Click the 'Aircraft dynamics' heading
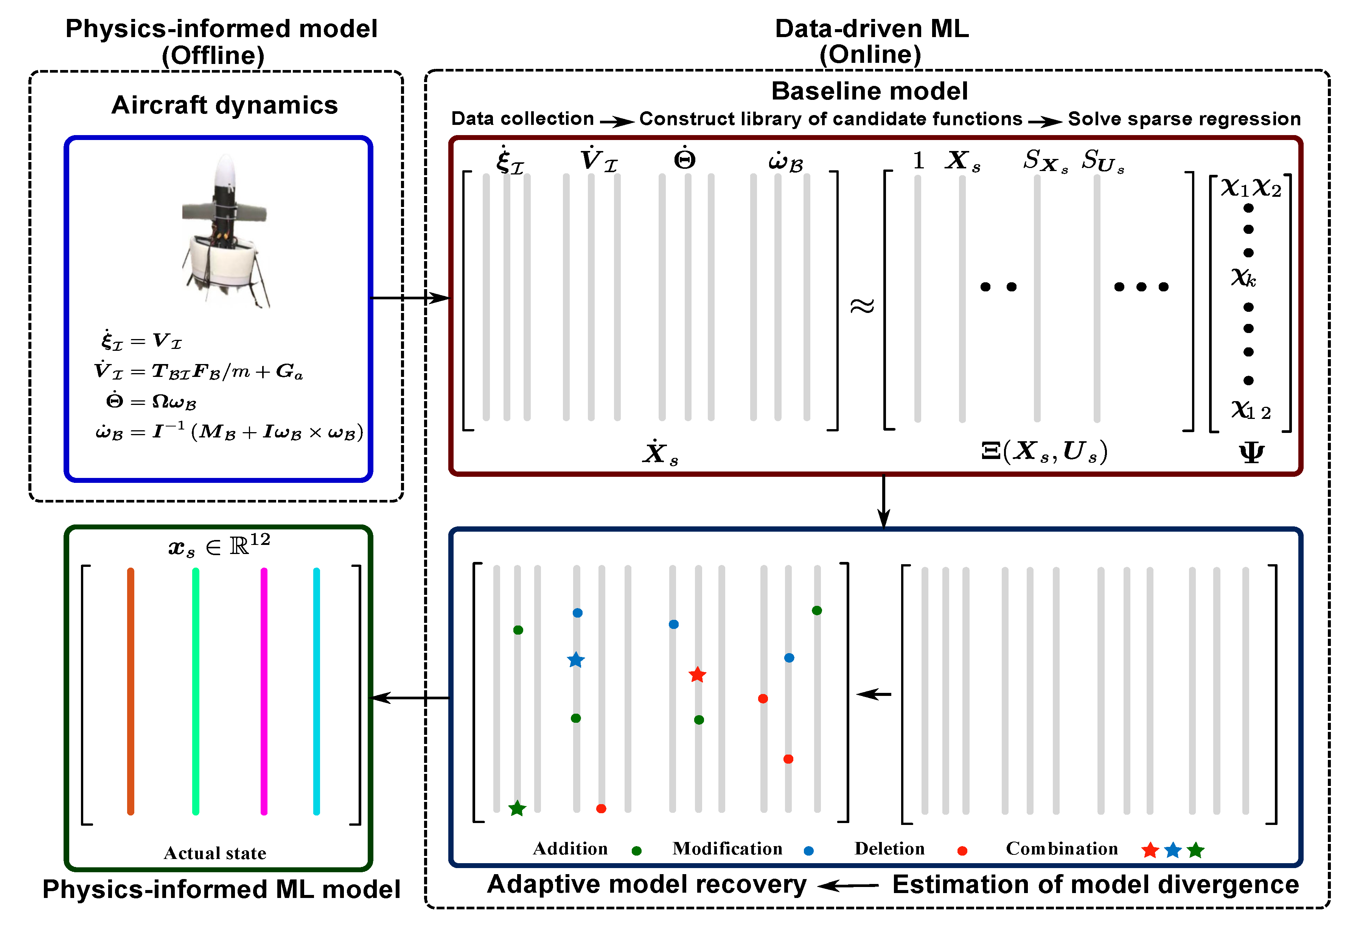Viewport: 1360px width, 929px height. point(225,105)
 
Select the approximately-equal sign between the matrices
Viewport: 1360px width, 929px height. point(862,306)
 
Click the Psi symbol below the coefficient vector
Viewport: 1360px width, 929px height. point(1251,453)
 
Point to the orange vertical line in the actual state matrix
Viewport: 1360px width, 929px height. point(131,691)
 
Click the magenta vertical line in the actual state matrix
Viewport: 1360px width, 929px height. point(264,691)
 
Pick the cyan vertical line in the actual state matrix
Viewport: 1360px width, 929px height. point(317,691)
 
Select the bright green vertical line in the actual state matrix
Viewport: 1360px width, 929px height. point(196,691)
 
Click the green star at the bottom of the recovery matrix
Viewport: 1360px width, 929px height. point(517,808)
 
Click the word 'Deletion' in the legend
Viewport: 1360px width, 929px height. point(889,849)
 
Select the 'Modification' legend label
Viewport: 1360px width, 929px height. point(727,849)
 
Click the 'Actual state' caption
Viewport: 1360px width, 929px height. point(215,853)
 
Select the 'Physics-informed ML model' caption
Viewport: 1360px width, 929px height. point(221,890)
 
